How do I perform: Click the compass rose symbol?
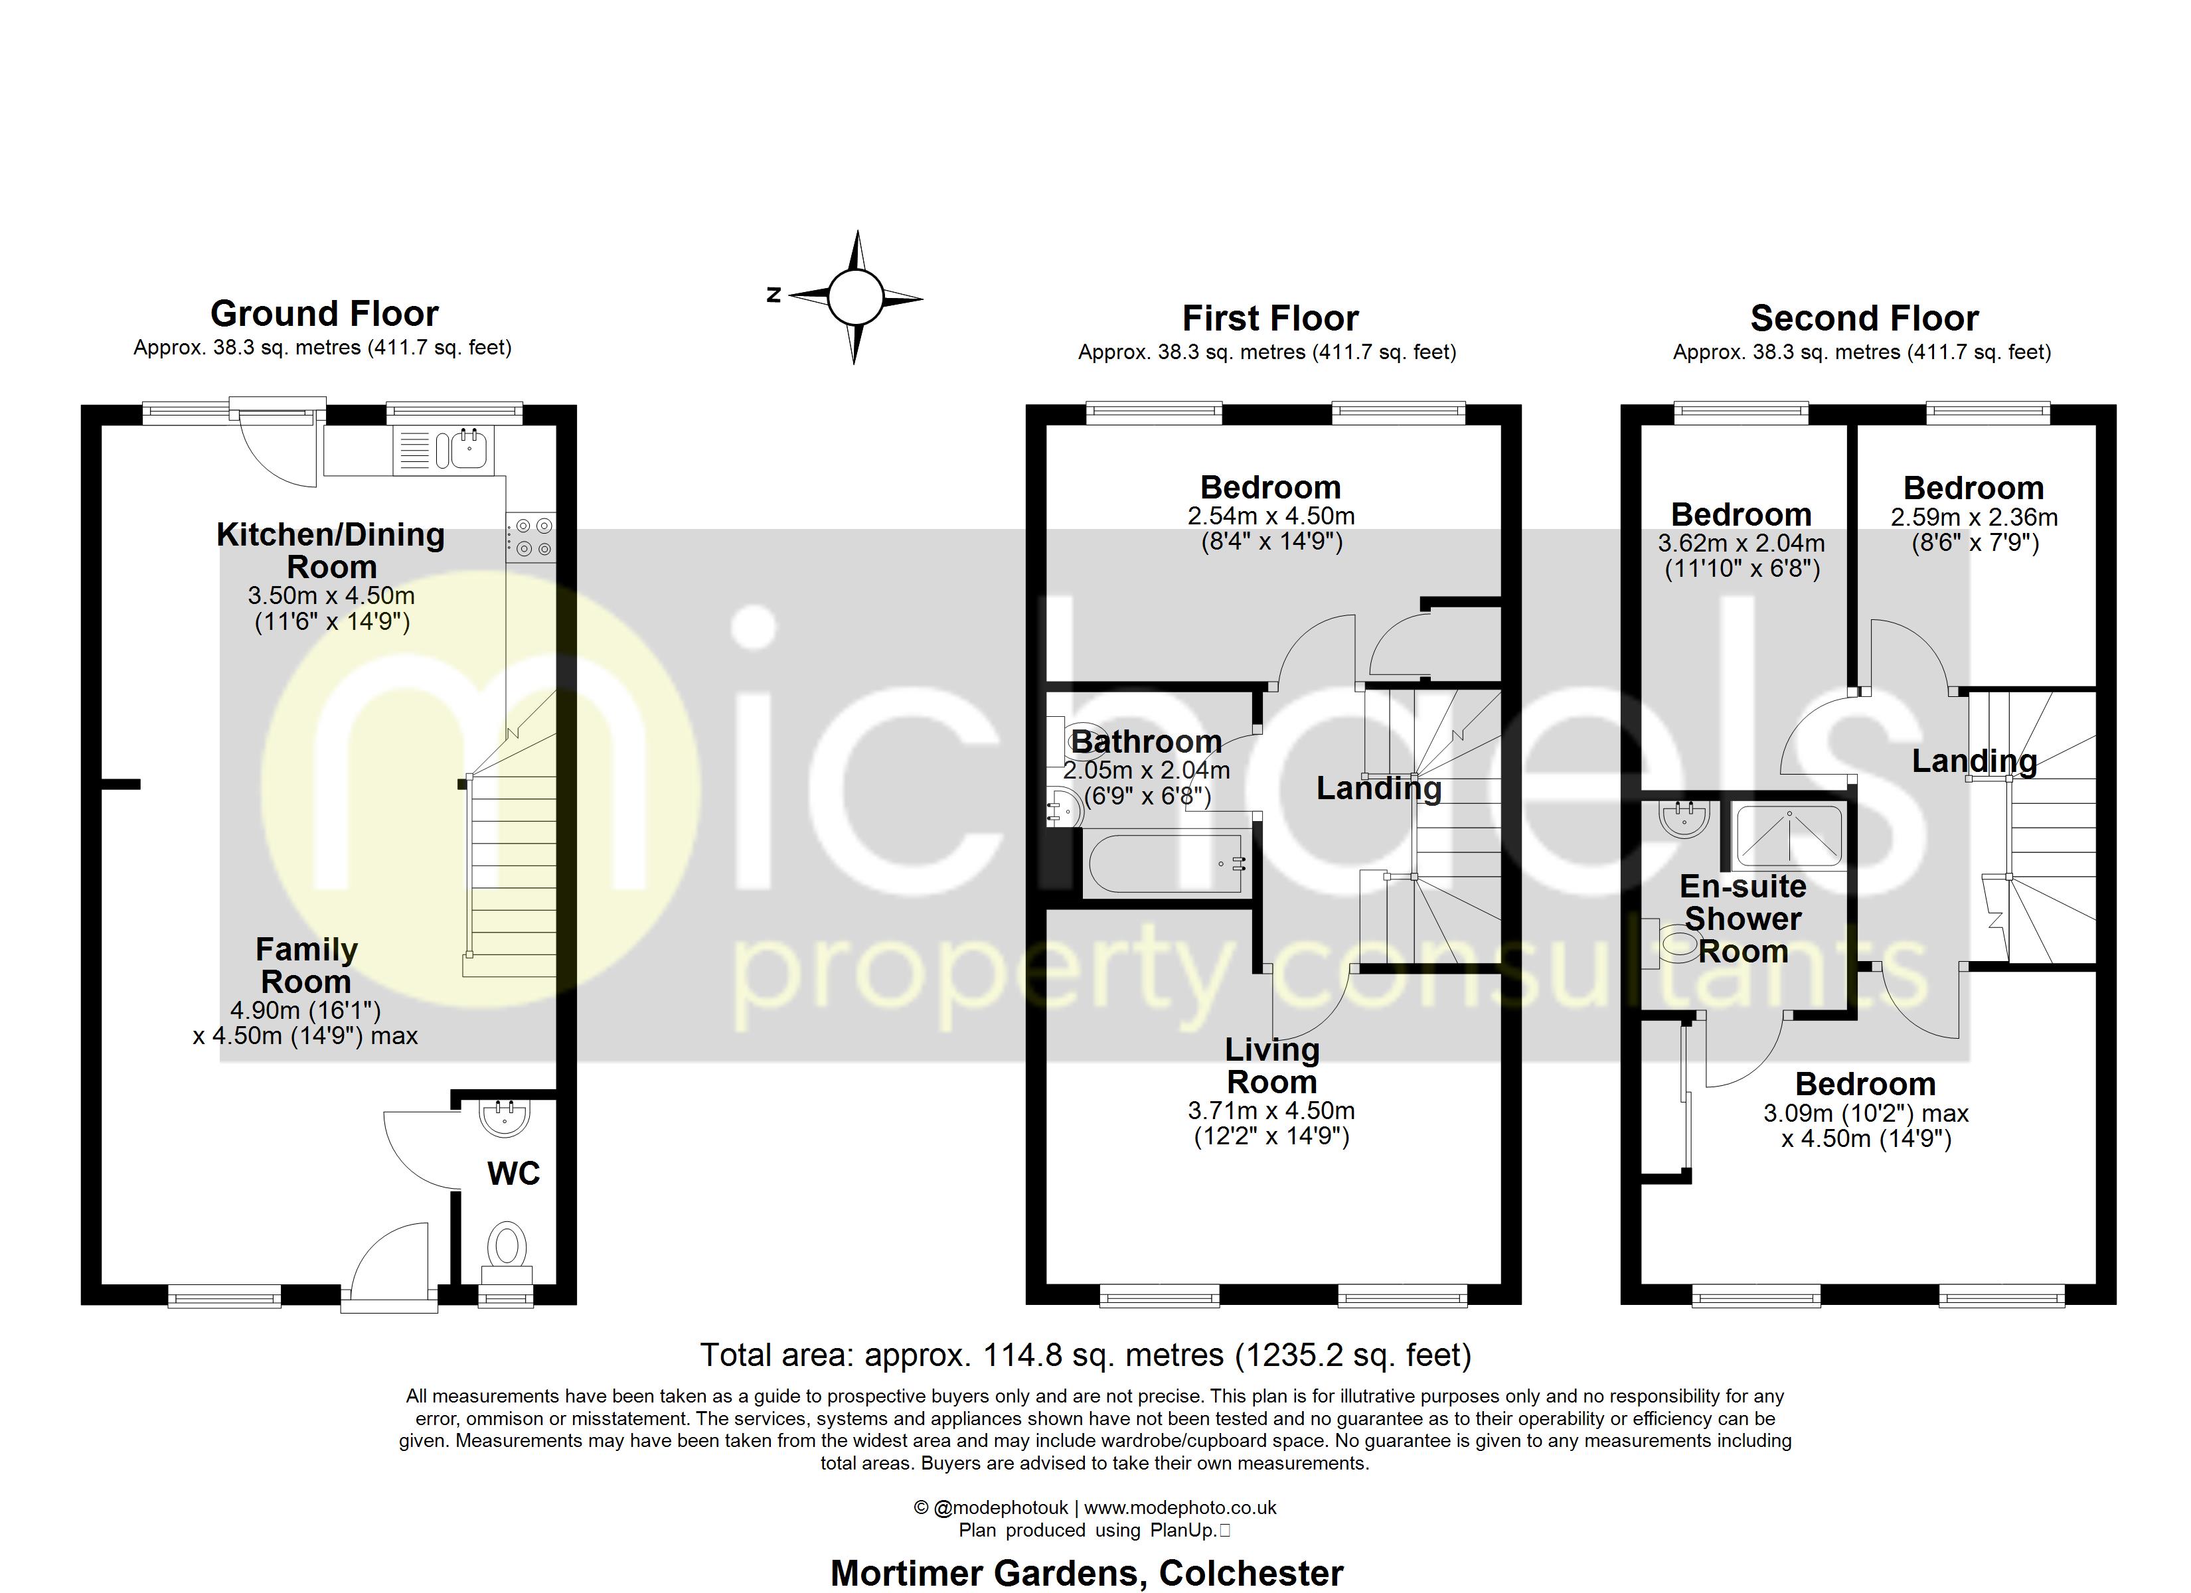855,297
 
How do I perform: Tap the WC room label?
513,1173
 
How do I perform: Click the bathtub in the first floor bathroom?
1167,864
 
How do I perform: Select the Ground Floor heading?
325,314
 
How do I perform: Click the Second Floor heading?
1864,318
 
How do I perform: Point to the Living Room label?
1271,1065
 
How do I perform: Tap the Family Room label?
306,965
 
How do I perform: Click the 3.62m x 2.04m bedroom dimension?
1741,544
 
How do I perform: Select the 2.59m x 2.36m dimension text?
1974,518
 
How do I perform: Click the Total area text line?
1085,1355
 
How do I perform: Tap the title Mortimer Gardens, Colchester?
1087,1572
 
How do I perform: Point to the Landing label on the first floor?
1378,789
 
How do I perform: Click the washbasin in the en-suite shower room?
1685,819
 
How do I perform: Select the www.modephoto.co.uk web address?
1180,1507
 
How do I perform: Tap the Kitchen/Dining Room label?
331,551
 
